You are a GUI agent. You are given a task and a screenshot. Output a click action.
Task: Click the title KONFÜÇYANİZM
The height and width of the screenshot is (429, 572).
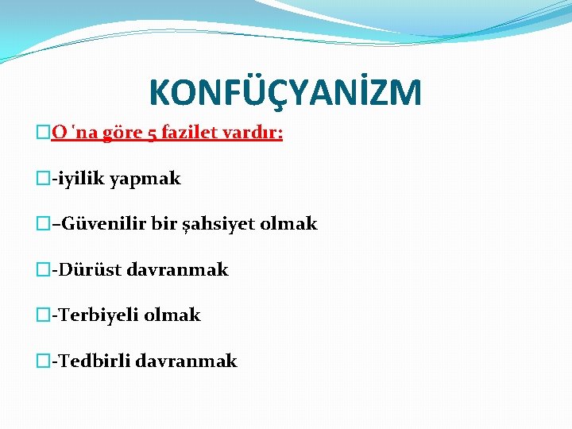click(x=285, y=92)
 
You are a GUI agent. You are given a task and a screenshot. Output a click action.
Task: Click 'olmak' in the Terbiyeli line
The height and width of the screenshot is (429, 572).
click(x=172, y=315)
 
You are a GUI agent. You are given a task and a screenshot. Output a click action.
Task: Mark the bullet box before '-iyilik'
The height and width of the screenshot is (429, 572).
click(x=44, y=180)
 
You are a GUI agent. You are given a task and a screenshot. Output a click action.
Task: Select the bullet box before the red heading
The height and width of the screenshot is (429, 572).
click(x=44, y=133)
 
